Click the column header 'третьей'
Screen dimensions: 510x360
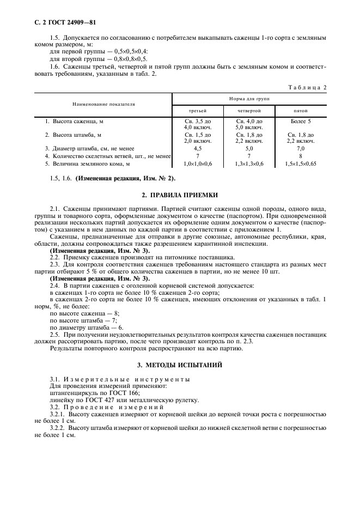click(197, 110)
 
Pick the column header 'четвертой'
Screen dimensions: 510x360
click(249, 110)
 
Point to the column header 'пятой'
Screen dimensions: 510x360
click(301, 110)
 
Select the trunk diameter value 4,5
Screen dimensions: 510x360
click(197, 148)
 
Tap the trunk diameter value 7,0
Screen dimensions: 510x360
click(301, 148)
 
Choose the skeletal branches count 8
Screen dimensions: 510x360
click(301, 156)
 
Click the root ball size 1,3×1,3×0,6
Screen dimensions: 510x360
click(249, 163)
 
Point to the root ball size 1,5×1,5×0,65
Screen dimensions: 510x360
click(301, 163)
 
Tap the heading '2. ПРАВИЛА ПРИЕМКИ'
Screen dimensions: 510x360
click(180, 195)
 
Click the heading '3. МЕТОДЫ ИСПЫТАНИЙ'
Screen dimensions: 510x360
click(180, 365)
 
